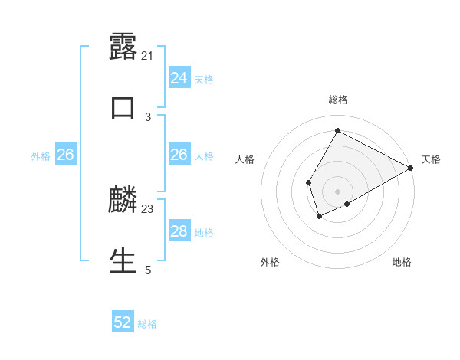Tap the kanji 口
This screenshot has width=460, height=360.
123,108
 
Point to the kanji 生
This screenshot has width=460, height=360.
123,260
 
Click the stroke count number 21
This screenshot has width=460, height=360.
148,56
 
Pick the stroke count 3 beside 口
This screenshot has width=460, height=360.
148,116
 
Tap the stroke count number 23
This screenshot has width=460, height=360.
148,208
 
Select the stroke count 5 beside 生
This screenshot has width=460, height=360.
148,270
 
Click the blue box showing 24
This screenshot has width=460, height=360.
179,78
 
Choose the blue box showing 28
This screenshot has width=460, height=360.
179,231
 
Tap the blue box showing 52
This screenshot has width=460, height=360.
123,322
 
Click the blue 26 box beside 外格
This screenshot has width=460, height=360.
65,155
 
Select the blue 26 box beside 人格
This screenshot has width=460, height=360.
179,155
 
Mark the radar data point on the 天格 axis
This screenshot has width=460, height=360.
411,169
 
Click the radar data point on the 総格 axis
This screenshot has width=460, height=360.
337,130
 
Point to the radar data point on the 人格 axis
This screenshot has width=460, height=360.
308,182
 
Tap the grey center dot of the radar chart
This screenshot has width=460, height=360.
337,191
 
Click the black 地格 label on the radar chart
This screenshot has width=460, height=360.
402,263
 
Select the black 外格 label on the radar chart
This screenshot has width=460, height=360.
270,263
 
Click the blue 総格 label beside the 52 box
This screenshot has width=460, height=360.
147,324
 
